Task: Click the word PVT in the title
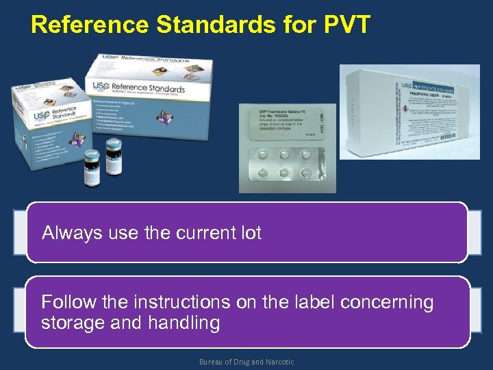coord(342,25)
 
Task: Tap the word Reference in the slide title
coord(89,25)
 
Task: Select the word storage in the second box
coord(72,323)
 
